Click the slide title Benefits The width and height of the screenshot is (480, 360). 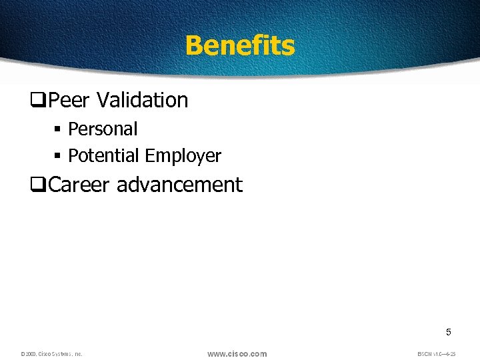pyautogui.click(x=239, y=46)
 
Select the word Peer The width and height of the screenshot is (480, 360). pyautogui.click(x=71, y=100)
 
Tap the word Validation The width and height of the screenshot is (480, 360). pyautogui.click(x=143, y=100)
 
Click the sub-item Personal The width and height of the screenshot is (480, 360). pyautogui.click(x=103, y=129)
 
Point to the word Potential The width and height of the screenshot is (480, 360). pyautogui.click(x=104, y=156)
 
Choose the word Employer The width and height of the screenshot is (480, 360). pyautogui.click(x=183, y=156)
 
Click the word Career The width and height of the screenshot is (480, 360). pyautogui.click(x=80, y=185)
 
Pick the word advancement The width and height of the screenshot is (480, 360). pyautogui.click(x=179, y=185)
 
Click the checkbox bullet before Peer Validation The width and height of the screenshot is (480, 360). pyautogui.click(x=37, y=101)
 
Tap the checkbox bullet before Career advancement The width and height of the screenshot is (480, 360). pyautogui.click(x=37, y=185)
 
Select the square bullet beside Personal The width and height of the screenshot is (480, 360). pyautogui.click(x=58, y=129)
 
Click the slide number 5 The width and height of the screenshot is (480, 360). pyautogui.click(x=449, y=332)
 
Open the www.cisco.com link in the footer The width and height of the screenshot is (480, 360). pyautogui.click(x=237, y=353)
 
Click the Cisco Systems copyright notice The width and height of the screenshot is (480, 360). pyautogui.click(x=51, y=354)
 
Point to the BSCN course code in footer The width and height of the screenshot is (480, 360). pyautogui.click(x=436, y=354)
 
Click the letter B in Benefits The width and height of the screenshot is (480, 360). pyautogui.click(x=194, y=46)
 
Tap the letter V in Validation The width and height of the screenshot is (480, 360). pyautogui.click(x=102, y=100)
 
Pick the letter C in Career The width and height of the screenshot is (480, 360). pyautogui.click(x=55, y=185)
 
